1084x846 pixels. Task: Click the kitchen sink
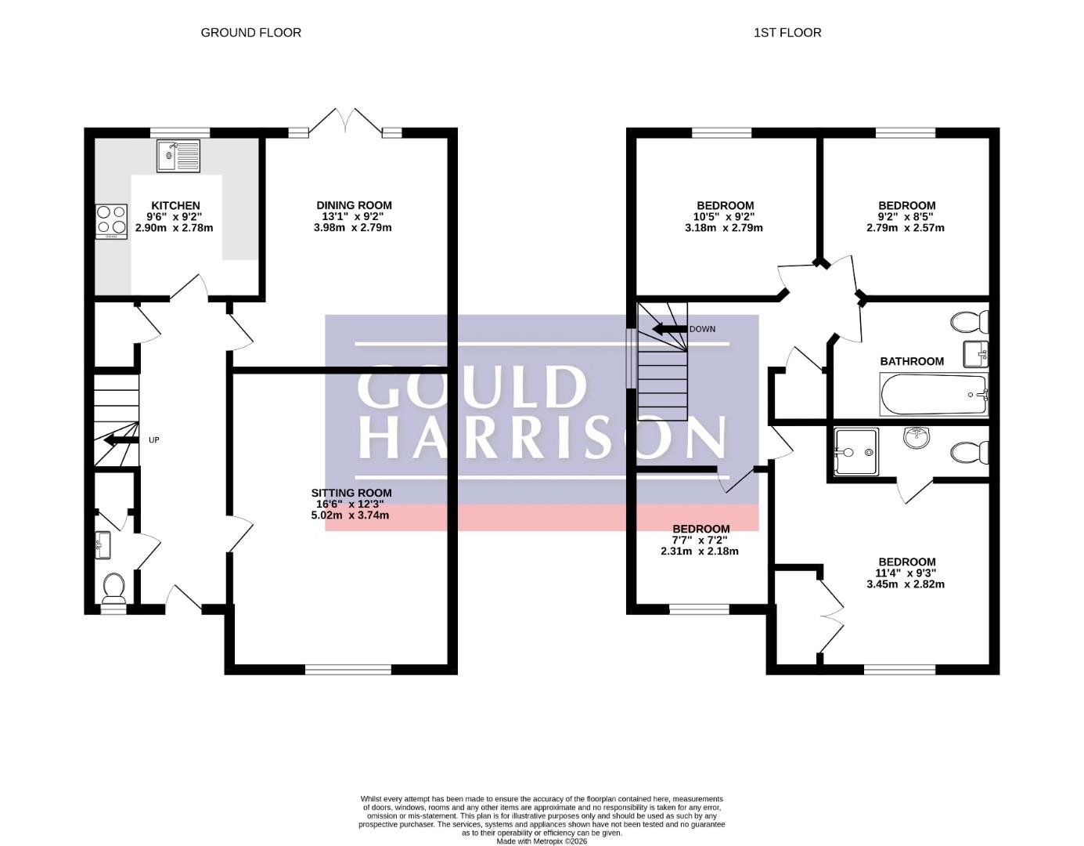[178, 156]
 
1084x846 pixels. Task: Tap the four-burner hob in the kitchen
[111, 222]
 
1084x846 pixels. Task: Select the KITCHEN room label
[175, 205]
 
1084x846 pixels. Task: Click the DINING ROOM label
[355, 205]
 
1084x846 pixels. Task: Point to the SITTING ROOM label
[351, 493]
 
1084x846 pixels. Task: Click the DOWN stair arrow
[670, 329]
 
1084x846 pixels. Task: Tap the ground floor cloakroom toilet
[113, 587]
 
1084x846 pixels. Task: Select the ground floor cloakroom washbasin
[103, 545]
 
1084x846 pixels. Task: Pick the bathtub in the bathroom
[934, 394]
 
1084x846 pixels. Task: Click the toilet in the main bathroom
[970, 322]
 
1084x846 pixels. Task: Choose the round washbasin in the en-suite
[917, 438]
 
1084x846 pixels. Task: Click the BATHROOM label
[912, 361]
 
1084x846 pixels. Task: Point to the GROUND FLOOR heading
[251, 33]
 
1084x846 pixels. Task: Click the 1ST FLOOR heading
[787, 33]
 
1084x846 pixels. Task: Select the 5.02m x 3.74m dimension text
[350, 515]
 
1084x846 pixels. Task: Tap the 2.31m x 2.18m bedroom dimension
[700, 551]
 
